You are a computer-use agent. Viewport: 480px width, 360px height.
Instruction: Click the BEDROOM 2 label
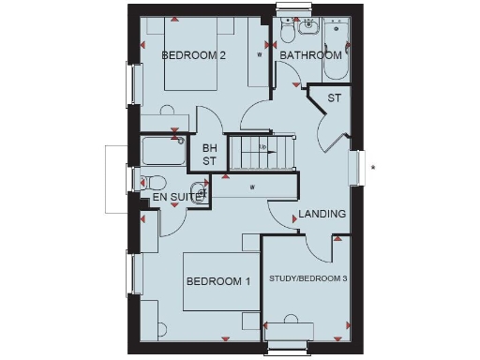[194, 55]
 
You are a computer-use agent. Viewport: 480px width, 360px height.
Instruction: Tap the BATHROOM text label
[310, 55]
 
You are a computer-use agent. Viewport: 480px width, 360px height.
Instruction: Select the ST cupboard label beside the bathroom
[334, 98]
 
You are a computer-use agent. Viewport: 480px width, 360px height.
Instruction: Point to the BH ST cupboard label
[209, 155]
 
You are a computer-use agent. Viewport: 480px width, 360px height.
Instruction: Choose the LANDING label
[322, 214]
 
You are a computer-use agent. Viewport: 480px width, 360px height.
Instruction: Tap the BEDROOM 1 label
[217, 281]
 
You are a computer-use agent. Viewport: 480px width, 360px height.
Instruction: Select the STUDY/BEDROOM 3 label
[308, 278]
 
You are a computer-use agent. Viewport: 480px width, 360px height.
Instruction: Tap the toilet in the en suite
[152, 182]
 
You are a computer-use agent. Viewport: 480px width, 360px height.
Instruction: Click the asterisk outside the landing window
[372, 169]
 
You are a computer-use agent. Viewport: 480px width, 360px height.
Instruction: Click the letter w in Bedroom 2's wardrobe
[260, 55]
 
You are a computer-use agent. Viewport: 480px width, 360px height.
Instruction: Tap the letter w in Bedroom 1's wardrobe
[252, 187]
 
